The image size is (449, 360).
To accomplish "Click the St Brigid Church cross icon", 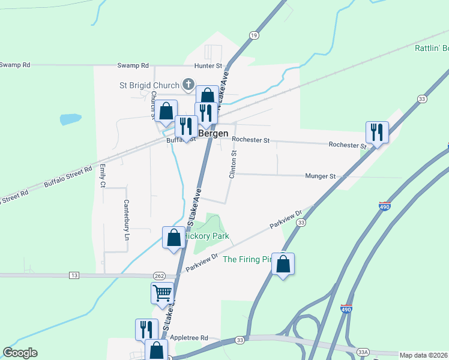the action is pyautogui.click(x=188, y=85).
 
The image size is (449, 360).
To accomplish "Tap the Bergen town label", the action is pyautogui.click(x=213, y=133).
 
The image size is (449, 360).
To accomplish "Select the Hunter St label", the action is pyautogui.click(x=208, y=65).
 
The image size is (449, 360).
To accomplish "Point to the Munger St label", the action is pyautogui.click(x=319, y=176).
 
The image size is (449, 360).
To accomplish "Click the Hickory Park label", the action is pyautogui.click(x=202, y=236).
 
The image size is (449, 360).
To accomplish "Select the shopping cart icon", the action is pyautogui.click(x=162, y=293).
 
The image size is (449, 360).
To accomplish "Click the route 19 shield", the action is pyautogui.click(x=255, y=36).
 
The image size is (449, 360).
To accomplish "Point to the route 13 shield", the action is pyautogui.click(x=74, y=275).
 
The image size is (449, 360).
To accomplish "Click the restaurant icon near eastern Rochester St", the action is pyautogui.click(x=377, y=131).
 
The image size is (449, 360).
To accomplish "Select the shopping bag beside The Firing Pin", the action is pyautogui.click(x=283, y=263).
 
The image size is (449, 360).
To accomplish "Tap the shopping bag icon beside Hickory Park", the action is pyautogui.click(x=174, y=237).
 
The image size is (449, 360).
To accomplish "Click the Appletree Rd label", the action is pyautogui.click(x=188, y=338).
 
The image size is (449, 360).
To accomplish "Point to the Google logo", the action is pyautogui.click(x=20, y=353).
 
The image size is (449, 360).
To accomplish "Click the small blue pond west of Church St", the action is pyautogui.click(x=70, y=119).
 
